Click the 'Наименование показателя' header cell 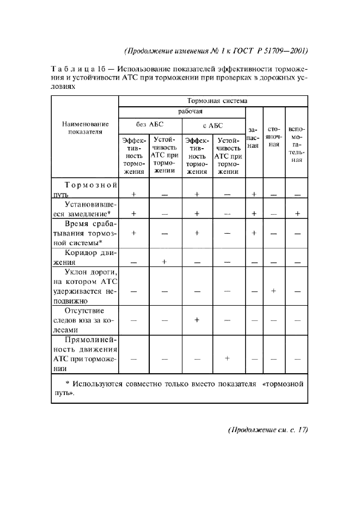tap(85, 127)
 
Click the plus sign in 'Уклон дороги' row tap(274, 291)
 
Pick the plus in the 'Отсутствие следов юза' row tap(197, 320)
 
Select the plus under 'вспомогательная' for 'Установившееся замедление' tap(297, 214)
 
